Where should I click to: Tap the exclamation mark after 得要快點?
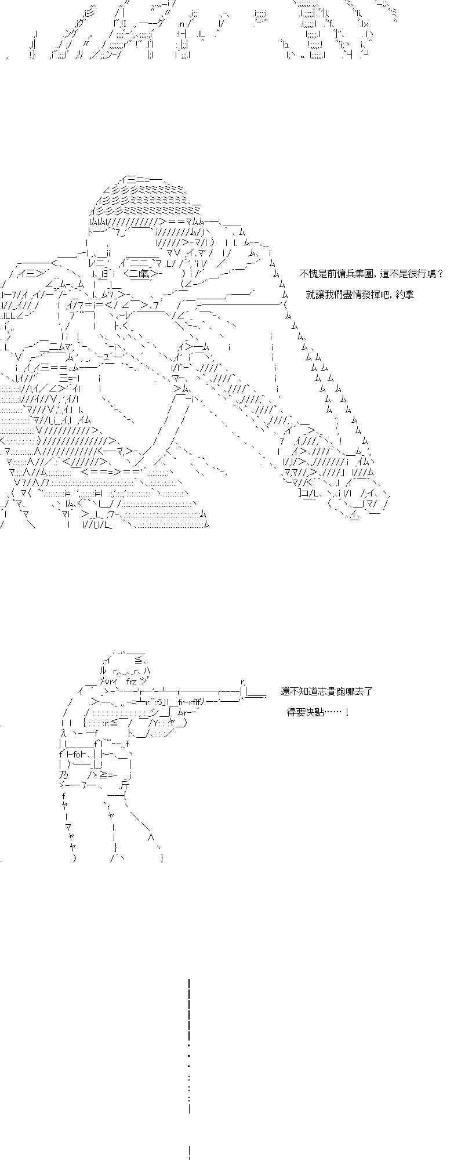[347, 712]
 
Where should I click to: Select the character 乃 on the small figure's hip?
[63, 775]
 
